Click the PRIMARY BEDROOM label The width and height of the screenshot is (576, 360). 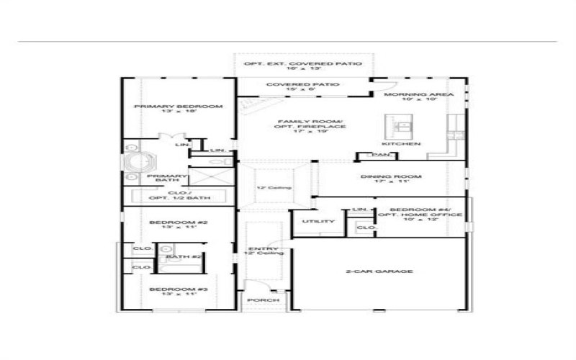(x=178, y=106)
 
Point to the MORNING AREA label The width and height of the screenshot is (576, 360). (x=418, y=94)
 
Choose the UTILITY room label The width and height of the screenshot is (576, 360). (x=318, y=221)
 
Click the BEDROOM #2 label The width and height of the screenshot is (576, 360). (x=178, y=222)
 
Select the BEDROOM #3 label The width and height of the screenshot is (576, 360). (x=178, y=289)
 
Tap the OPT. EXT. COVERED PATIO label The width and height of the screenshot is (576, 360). (x=302, y=64)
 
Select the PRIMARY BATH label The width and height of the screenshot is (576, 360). (x=167, y=176)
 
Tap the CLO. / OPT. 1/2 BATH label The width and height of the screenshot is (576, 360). (x=178, y=195)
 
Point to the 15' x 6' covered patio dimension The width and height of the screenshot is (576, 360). (x=302, y=90)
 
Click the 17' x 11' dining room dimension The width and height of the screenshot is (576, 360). (x=392, y=181)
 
